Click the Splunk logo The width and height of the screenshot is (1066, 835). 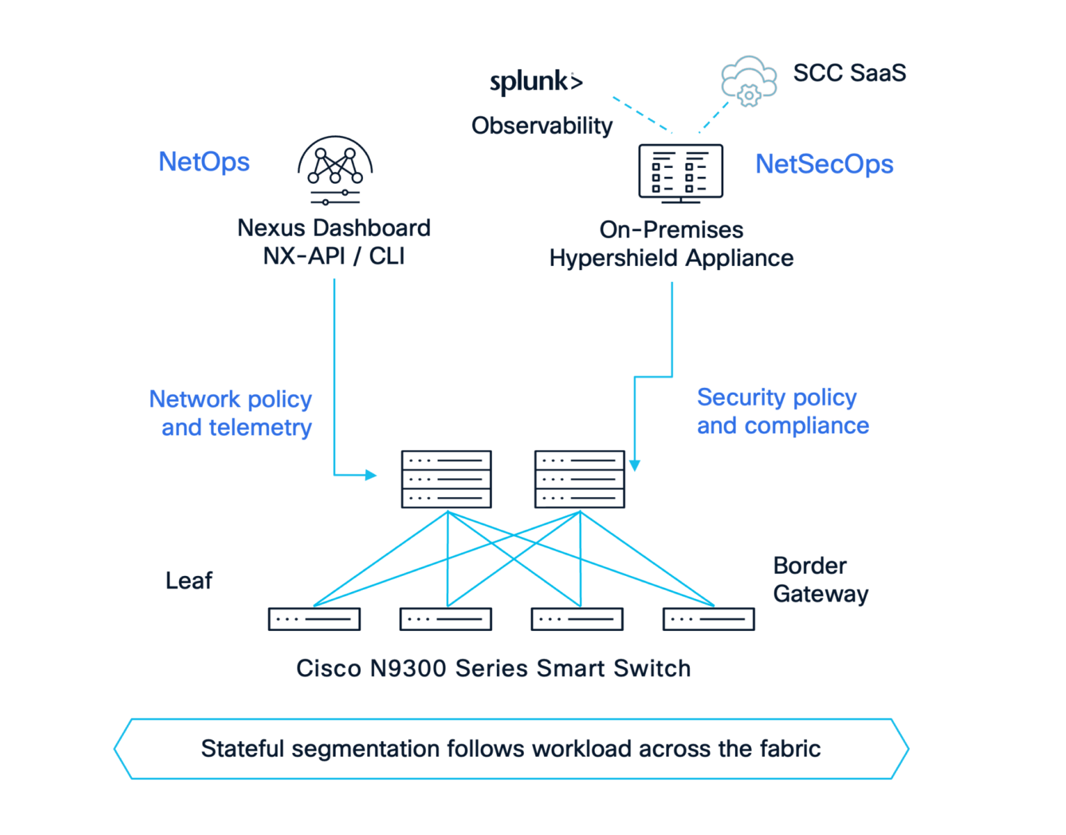tap(536, 82)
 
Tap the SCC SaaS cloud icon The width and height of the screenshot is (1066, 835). tap(748, 81)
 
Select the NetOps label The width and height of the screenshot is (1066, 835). tap(204, 162)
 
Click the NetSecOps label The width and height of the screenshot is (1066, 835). tap(824, 165)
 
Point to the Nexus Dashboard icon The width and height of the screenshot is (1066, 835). tap(335, 170)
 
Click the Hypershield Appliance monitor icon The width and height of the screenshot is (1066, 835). tap(680, 173)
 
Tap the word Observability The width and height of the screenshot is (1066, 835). tap(541, 126)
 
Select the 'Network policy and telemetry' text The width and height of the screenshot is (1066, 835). tap(231, 413)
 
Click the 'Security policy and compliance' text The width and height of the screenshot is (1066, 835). tap(782, 411)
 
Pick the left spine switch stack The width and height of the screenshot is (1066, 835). tap(446, 479)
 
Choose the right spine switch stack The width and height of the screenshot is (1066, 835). tap(579, 479)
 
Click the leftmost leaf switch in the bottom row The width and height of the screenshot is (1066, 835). tap(314, 618)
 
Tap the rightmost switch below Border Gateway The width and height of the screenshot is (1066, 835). tap(709, 618)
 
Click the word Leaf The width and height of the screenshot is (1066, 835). tap(189, 580)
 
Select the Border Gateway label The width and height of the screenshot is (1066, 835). tap(820, 580)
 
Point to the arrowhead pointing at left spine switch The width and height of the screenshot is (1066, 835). tap(371, 475)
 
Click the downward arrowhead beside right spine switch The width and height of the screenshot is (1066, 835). tap(634, 465)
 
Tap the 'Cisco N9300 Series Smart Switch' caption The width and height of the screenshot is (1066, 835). tap(493, 668)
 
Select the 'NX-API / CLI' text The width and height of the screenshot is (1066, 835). tap(334, 256)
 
